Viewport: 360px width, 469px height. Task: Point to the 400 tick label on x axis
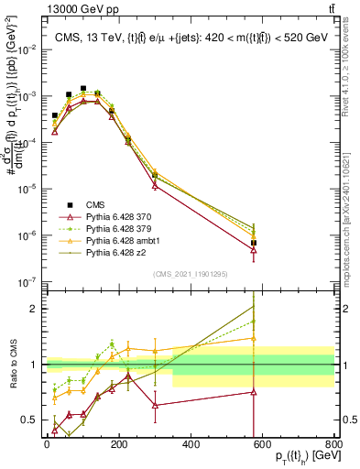click(191, 444)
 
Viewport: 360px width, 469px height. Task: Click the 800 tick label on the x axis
click(334, 444)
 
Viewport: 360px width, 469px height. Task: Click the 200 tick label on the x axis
click(119, 444)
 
